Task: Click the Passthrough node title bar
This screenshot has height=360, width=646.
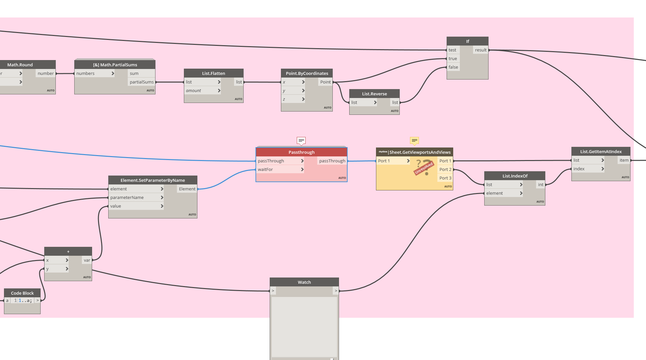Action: coord(301,152)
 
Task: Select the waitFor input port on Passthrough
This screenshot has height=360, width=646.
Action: coord(265,170)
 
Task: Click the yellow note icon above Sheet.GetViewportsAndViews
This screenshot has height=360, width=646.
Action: coord(414,141)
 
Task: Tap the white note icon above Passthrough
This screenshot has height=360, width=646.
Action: coord(301,141)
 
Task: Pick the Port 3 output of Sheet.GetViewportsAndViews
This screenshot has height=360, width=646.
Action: coord(445,178)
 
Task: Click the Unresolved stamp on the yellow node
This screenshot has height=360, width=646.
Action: coord(424,168)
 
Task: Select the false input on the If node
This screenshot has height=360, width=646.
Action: coord(453,67)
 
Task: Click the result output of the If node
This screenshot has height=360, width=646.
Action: coord(481,50)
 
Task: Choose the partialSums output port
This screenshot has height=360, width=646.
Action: coord(142,82)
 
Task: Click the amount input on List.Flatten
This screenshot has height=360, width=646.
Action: coord(194,91)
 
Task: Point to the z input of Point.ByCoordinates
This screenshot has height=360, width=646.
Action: coord(284,99)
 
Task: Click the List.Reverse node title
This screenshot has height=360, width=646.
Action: coord(374,94)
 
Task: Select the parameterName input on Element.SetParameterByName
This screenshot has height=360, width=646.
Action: coord(127,198)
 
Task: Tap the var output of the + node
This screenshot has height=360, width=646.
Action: coord(87,260)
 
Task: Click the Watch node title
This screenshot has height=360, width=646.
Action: coord(304,282)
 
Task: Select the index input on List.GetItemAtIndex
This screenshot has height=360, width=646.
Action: coord(579,169)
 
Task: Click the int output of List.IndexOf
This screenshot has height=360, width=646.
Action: coord(540,185)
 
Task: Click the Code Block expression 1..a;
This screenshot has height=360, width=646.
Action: coord(25,301)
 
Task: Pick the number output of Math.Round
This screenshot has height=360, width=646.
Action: coord(46,74)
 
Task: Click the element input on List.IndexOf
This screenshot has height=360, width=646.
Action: coord(494,193)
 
